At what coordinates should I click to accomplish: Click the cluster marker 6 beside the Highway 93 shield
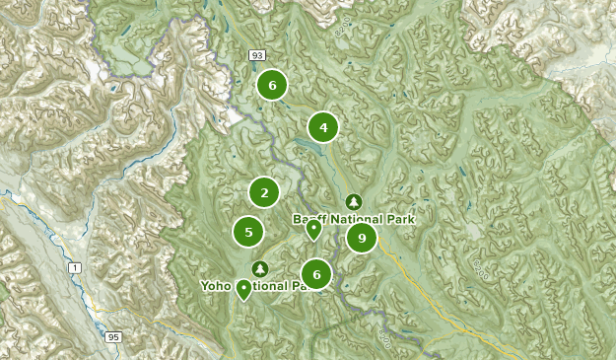[272, 86]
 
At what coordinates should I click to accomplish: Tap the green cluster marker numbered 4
[322, 127]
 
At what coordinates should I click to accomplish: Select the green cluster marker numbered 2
[264, 192]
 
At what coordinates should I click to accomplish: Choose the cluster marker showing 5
[248, 233]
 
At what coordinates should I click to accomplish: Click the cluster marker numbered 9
[362, 238]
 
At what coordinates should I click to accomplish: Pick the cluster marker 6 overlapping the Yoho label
[316, 274]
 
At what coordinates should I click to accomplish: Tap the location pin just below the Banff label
[313, 230]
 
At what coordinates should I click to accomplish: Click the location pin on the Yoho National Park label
[242, 288]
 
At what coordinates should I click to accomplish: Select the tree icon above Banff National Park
[354, 202]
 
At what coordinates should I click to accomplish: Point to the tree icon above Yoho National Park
[260, 268]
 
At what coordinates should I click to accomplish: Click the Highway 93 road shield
[257, 55]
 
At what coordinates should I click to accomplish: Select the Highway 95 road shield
[113, 337]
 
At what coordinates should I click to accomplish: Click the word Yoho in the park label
[216, 286]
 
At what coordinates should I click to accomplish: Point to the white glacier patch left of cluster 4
[236, 117]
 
